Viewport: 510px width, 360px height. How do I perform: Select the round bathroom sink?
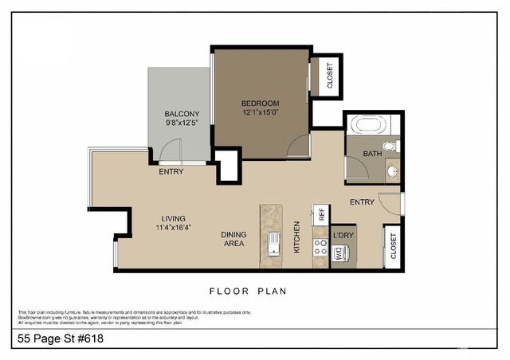[x=391, y=170]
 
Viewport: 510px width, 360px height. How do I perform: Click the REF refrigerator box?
[x=322, y=214]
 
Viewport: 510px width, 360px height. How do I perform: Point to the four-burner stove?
[x=321, y=246]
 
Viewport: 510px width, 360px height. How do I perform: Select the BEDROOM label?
[x=261, y=104]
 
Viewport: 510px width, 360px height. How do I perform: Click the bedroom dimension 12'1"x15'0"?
[x=261, y=113]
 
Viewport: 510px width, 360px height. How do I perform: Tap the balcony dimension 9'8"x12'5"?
[x=182, y=123]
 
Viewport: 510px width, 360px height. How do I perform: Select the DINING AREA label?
[x=233, y=239]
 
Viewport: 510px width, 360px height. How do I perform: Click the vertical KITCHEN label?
[x=297, y=237]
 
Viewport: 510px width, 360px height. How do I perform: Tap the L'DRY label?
[x=343, y=235]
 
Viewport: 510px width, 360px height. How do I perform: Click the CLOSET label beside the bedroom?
[x=331, y=76]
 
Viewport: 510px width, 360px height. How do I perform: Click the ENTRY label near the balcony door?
[x=171, y=172]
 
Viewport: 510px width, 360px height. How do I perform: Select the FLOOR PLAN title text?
[x=248, y=292]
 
